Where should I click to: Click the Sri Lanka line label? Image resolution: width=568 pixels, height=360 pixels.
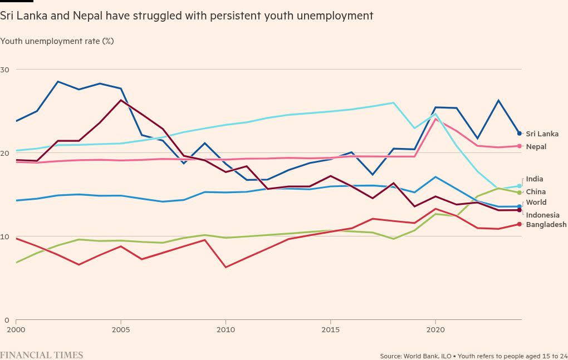pos(542,134)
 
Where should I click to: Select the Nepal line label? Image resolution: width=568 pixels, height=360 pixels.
pos(536,147)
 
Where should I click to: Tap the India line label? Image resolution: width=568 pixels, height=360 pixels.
pos(534,179)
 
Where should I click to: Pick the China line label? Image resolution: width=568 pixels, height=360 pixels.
pos(536,192)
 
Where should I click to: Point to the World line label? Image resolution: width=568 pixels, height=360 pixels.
pos(536,203)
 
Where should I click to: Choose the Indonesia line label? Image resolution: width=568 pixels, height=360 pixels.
pos(542,215)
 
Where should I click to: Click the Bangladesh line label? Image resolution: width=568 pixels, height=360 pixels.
pos(546,225)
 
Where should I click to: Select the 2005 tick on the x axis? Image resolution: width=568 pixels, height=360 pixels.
pos(121,330)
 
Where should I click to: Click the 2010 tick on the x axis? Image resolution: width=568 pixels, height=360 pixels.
pos(226,330)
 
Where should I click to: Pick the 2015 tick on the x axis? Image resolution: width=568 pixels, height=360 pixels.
pos(330,330)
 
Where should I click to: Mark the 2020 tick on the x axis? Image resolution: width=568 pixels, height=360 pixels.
pos(435,330)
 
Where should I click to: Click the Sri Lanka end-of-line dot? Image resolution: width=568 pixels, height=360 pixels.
pos(519,134)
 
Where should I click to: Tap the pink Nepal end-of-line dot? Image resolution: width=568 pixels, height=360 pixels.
pos(519,146)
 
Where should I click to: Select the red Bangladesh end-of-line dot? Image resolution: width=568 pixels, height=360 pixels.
pos(519,224)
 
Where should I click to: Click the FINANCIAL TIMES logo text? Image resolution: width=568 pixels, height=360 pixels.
pos(42,355)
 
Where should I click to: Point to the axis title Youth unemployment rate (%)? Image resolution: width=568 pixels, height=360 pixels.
pos(57,41)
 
